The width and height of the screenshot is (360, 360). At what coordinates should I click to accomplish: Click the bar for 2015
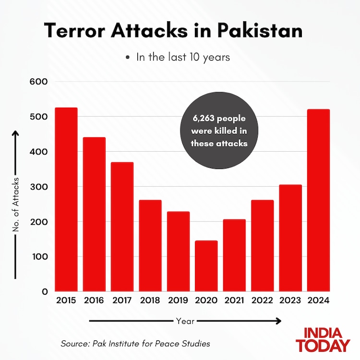pos(66,199)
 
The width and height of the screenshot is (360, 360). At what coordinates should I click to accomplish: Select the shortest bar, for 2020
pos(206,266)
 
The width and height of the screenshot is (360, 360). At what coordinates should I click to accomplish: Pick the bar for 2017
pos(122,227)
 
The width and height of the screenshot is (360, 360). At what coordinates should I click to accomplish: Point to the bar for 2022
pos(263,245)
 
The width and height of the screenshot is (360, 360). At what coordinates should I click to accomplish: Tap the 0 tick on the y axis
pos(45,291)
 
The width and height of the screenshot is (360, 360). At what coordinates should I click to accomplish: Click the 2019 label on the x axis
pos(178,301)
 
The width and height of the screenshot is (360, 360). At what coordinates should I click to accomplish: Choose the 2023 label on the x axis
pos(290,301)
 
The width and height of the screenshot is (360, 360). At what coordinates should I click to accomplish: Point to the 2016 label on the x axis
pos(94,301)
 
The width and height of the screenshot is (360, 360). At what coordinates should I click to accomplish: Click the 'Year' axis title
pos(185,321)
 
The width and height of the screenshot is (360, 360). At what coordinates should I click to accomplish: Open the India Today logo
pos(323,339)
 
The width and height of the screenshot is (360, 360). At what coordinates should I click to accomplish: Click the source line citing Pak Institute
pos(135,344)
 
